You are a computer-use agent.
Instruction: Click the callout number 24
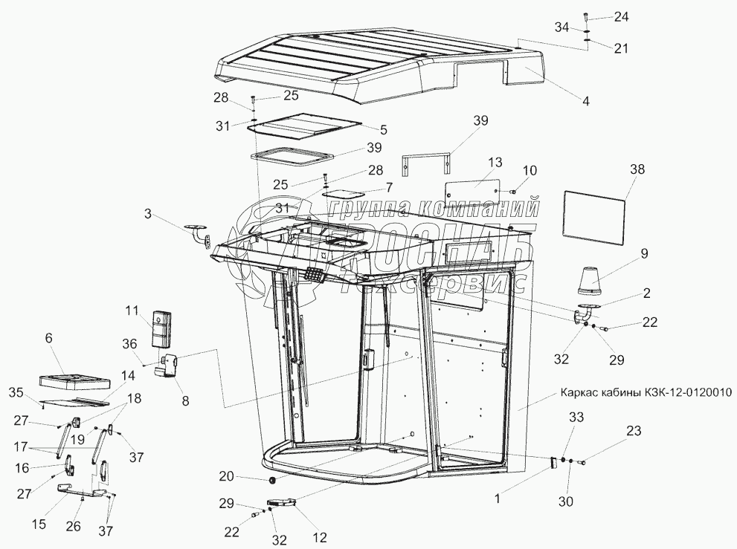pyautogui.click(x=621, y=16)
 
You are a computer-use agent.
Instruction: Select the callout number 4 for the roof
pyautogui.click(x=586, y=100)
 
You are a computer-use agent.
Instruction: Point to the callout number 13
pyautogui.click(x=495, y=163)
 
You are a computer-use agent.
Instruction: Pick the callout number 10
pyautogui.click(x=529, y=172)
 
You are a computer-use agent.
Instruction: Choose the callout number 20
pyautogui.click(x=226, y=476)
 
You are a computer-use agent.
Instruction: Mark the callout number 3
pyautogui.click(x=148, y=214)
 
